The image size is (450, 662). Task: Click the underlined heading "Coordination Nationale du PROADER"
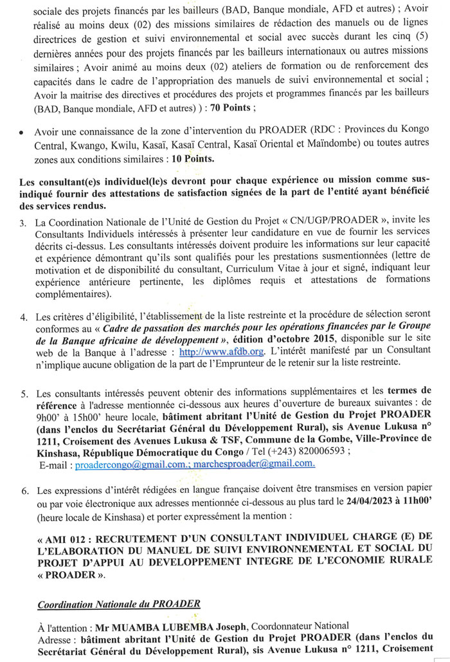point(119,603)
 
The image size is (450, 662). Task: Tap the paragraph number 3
point(22,222)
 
